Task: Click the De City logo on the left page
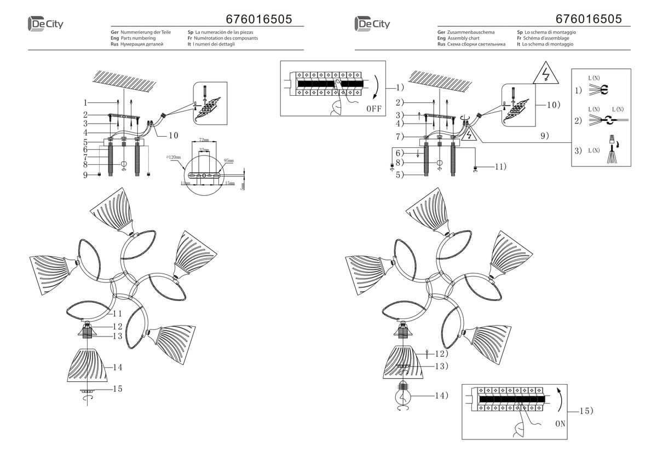coord(44,24)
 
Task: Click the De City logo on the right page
coord(372,24)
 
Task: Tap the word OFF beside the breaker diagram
coord(373,107)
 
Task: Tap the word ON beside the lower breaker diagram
coord(560,423)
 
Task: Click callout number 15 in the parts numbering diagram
coord(117,389)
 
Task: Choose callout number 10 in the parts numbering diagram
coord(173,135)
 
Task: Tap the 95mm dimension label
coord(228,161)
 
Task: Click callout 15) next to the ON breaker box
coord(586,410)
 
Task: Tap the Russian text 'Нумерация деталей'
coord(142,44)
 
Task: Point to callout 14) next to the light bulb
coord(440,395)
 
